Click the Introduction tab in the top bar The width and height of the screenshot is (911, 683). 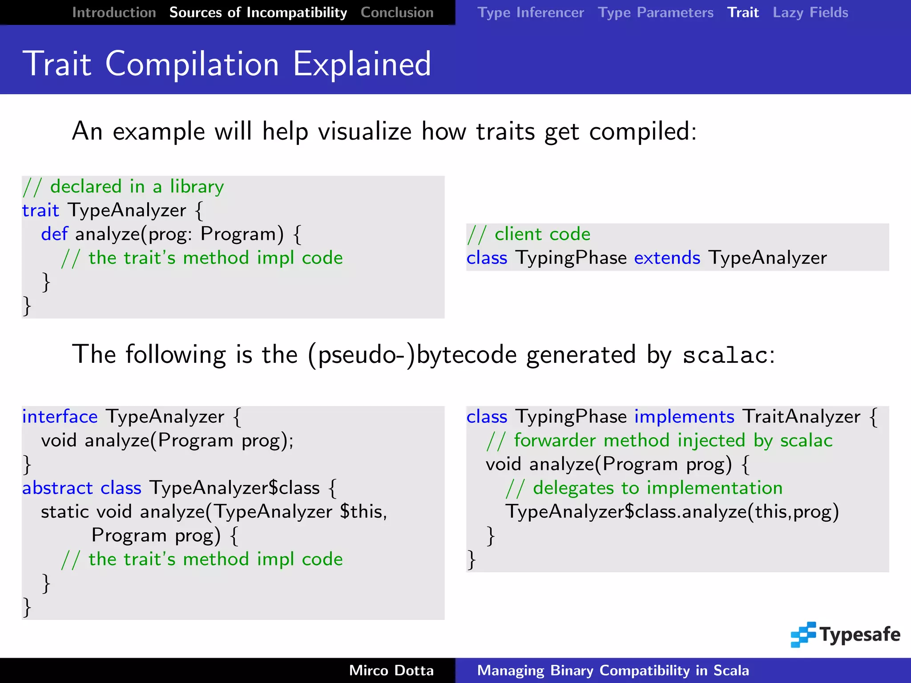pos(114,12)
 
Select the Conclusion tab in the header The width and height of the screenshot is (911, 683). pos(397,12)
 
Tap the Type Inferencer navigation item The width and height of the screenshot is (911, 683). pos(530,12)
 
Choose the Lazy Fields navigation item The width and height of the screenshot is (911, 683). pos(810,12)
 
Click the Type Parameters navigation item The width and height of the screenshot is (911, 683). pos(655,12)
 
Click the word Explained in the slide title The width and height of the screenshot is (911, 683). pos(362,64)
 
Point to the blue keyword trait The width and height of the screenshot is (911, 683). pos(40,210)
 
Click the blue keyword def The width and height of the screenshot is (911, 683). pos(54,234)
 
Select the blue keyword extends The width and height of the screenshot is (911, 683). pos(667,258)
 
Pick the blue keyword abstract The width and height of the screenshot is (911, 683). pos(57,488)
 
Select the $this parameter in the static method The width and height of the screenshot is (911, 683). pos(363,512)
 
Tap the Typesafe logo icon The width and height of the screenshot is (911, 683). pos(803,635)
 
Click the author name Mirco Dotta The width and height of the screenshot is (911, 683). pos(391,670)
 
